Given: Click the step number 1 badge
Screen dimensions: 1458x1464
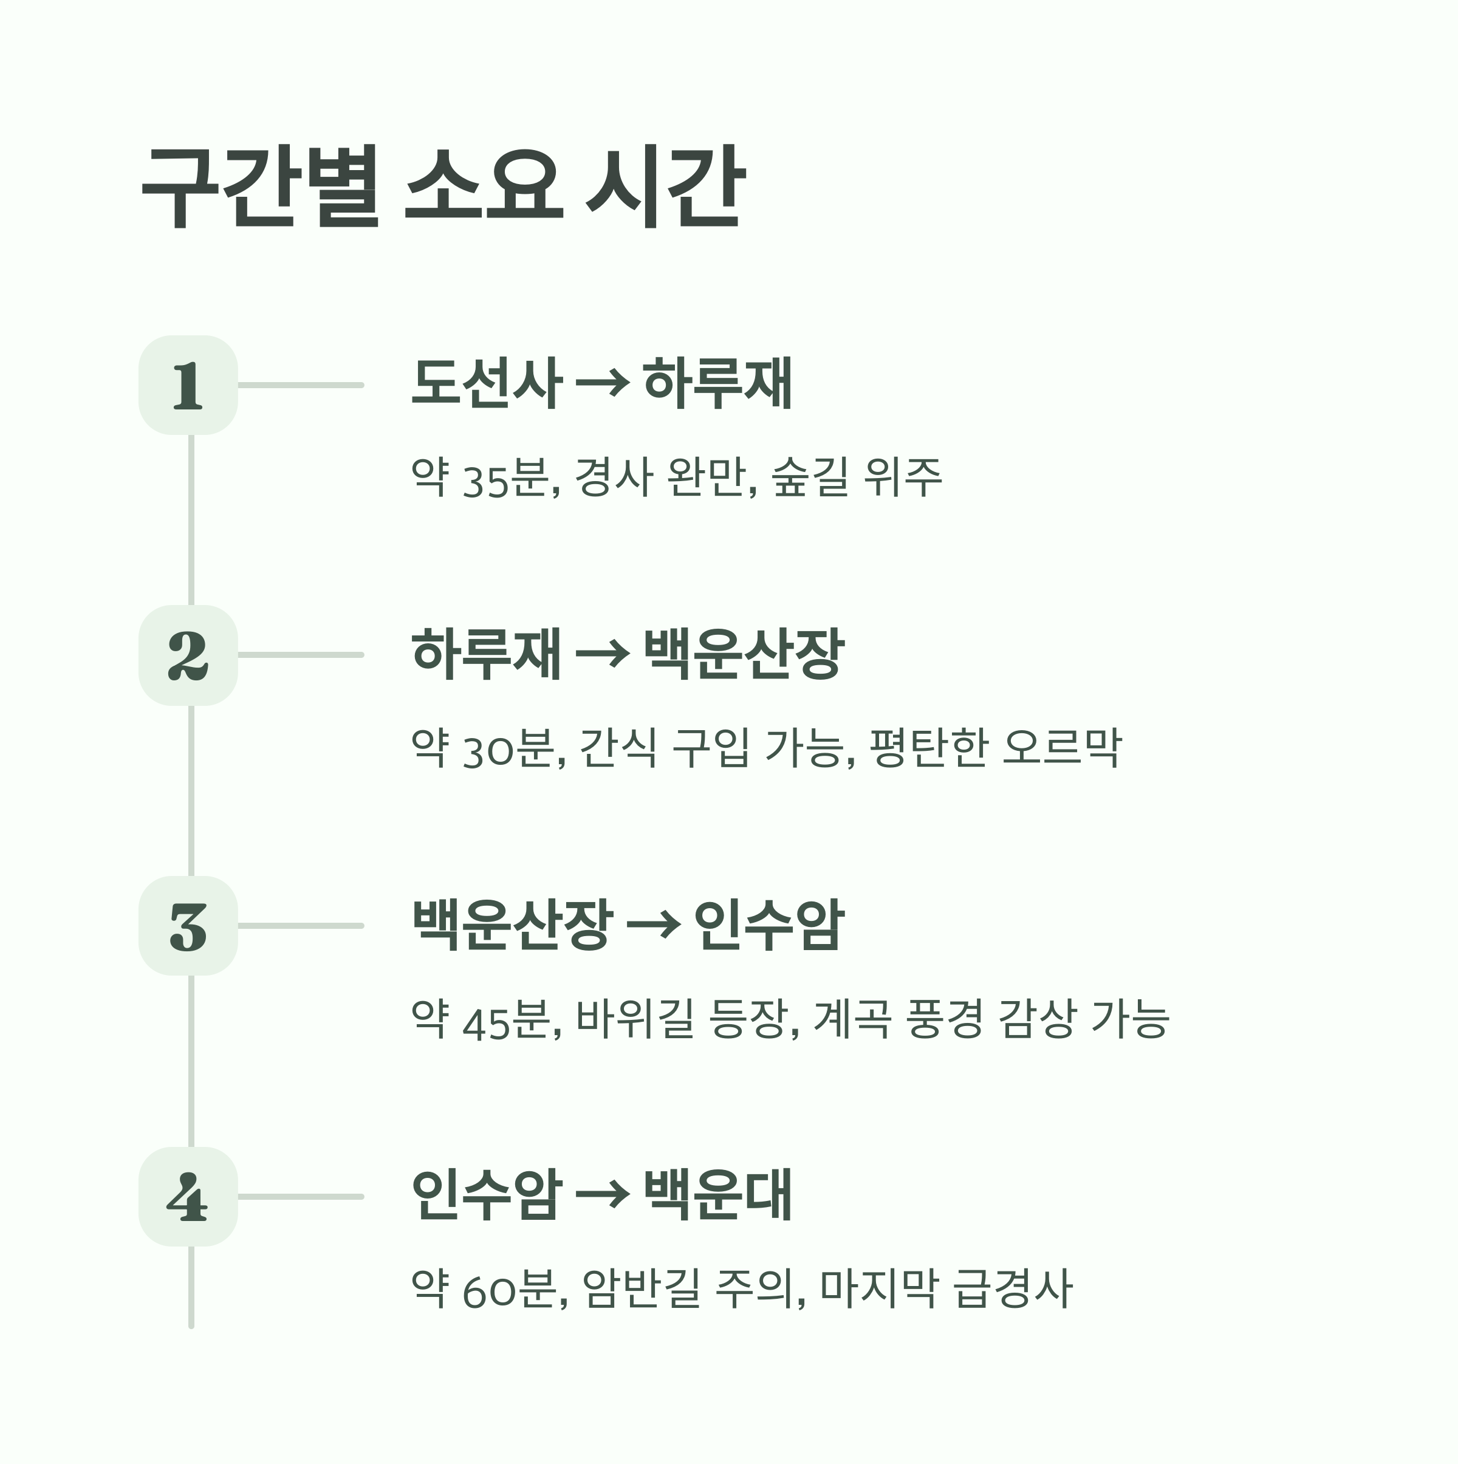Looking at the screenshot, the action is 188,385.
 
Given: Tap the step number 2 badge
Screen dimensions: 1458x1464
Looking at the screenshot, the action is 188,655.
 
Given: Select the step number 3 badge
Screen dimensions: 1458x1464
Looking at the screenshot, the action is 188,925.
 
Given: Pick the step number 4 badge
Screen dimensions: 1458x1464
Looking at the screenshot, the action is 188,1197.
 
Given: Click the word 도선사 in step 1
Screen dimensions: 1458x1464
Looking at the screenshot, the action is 487,383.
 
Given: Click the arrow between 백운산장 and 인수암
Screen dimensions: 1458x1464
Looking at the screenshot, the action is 653,926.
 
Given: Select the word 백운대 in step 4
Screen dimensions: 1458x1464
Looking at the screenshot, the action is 717,1195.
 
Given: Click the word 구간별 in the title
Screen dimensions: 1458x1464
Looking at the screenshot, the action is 260,188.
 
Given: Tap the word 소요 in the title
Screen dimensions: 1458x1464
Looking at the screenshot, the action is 485,188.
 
